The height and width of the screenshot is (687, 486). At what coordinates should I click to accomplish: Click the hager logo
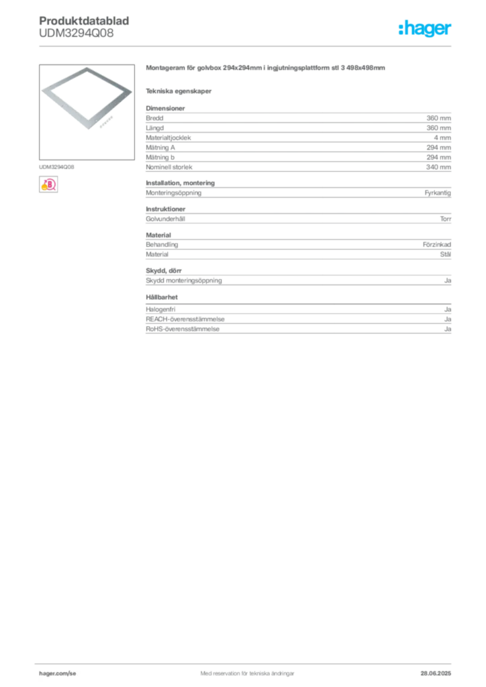coord(424,28)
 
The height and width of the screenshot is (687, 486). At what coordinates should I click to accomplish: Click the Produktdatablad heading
coord(84,21)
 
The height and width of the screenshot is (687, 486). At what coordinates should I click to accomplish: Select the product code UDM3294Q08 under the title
coord(77,33)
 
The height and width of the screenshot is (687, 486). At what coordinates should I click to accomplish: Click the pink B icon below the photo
coord(48,184)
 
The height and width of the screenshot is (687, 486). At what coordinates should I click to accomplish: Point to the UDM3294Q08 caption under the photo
coord(56,167)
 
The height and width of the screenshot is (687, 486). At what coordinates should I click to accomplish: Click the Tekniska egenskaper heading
coord(179,91)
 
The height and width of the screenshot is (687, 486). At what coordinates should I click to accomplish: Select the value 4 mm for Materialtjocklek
coord(442,138)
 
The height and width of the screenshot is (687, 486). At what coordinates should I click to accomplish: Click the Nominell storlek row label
coord(168,167)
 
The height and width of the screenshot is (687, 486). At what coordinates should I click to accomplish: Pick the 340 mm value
coord(438,167)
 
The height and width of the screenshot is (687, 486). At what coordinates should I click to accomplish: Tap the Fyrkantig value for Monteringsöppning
coord(438,193)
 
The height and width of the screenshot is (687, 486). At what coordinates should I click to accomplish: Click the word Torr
coord(445,219)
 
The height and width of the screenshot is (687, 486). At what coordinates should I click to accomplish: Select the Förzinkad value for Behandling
coord(436,244)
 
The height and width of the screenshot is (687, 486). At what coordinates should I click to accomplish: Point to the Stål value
coord(445,254)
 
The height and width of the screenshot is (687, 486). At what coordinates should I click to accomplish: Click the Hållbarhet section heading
coord(162,297)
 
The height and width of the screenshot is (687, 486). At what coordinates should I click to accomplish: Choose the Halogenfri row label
coord(160,309)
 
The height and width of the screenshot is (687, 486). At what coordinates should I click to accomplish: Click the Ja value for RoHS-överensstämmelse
coord(448,329)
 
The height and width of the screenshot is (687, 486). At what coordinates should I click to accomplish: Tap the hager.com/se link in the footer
coord(58,674)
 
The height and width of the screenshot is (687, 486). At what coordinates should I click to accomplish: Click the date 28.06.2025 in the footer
coord(436,674)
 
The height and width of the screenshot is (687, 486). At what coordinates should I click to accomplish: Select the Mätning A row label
coord(160,148)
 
